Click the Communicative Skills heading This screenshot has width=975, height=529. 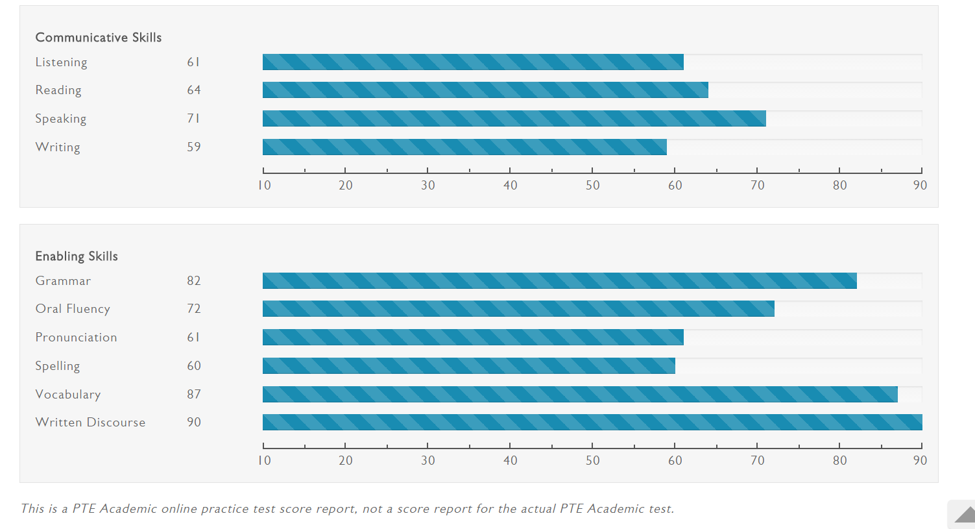(99, 38)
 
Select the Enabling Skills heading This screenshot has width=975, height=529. (77, 256)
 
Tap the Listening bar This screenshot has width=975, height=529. (473, 62)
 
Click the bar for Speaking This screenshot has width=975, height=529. (514, 118)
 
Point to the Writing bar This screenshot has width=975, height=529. (464, 147)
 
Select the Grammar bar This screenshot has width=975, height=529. (560, 280)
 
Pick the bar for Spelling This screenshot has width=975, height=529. (469, 365)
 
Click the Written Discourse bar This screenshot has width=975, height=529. (592, 422)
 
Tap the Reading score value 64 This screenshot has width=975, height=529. (194, 90)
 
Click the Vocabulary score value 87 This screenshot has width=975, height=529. (194, 394)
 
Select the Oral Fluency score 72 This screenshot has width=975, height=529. (194, 309)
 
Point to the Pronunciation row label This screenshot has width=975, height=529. (76, 338)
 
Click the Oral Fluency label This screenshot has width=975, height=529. (73, 309)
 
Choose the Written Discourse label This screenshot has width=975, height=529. (90, 423)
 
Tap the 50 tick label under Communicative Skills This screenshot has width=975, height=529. (592, 186)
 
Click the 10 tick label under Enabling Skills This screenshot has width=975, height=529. (264, 461)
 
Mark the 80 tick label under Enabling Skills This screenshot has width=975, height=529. (839, 461)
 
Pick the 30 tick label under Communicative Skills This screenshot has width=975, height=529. (428, 186)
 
